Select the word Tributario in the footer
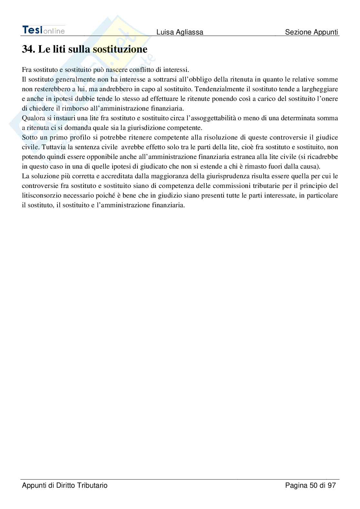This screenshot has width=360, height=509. pos(92,485)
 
